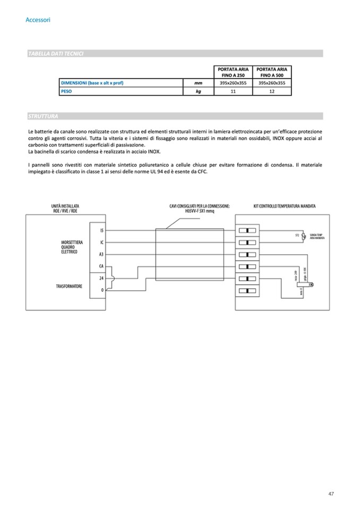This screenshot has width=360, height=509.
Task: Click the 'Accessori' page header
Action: (x=38, y=20)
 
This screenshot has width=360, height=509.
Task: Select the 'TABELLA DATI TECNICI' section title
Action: (x=56, y=54)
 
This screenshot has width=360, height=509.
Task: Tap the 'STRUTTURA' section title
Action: (x=42, y=116)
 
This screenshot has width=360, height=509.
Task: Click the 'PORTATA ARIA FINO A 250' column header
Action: (x=233, y=72)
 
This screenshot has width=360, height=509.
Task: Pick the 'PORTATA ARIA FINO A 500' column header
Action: (x=272, y=72)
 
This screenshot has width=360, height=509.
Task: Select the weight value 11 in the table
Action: (x=233, y=91)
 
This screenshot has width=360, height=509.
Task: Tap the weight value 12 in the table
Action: (x=272, y=91)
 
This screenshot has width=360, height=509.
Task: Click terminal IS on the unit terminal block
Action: (x=101, y=231)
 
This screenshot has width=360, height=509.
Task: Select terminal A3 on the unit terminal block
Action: (x=101, y=254)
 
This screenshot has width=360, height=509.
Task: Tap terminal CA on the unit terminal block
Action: (x=101, y=266)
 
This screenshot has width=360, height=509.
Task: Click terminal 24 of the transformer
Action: (x=101, y=278)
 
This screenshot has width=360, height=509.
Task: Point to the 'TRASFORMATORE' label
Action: (x=69, y=286)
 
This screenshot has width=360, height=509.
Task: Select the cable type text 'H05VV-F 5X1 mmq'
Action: (x=199, y=210)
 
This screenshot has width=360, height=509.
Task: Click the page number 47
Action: (x=331, y=494)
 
